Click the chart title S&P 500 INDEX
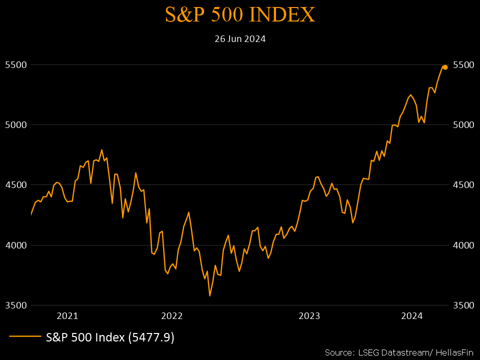coord(240,15)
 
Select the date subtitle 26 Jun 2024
coord(240,39)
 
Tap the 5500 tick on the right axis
coord(462,65)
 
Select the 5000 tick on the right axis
coord(462,125)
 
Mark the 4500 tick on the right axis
coord(462,185)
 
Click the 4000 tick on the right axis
coord(462,245)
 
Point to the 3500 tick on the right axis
coord(462,305)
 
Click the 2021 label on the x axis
coord(67,316)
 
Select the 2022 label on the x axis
coord(172,316)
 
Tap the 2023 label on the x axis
coord(309,316)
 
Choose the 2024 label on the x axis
coord(412,316)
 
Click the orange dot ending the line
coord(445,67)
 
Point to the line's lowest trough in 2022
coord(210,295)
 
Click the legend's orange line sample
coord(25,337)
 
